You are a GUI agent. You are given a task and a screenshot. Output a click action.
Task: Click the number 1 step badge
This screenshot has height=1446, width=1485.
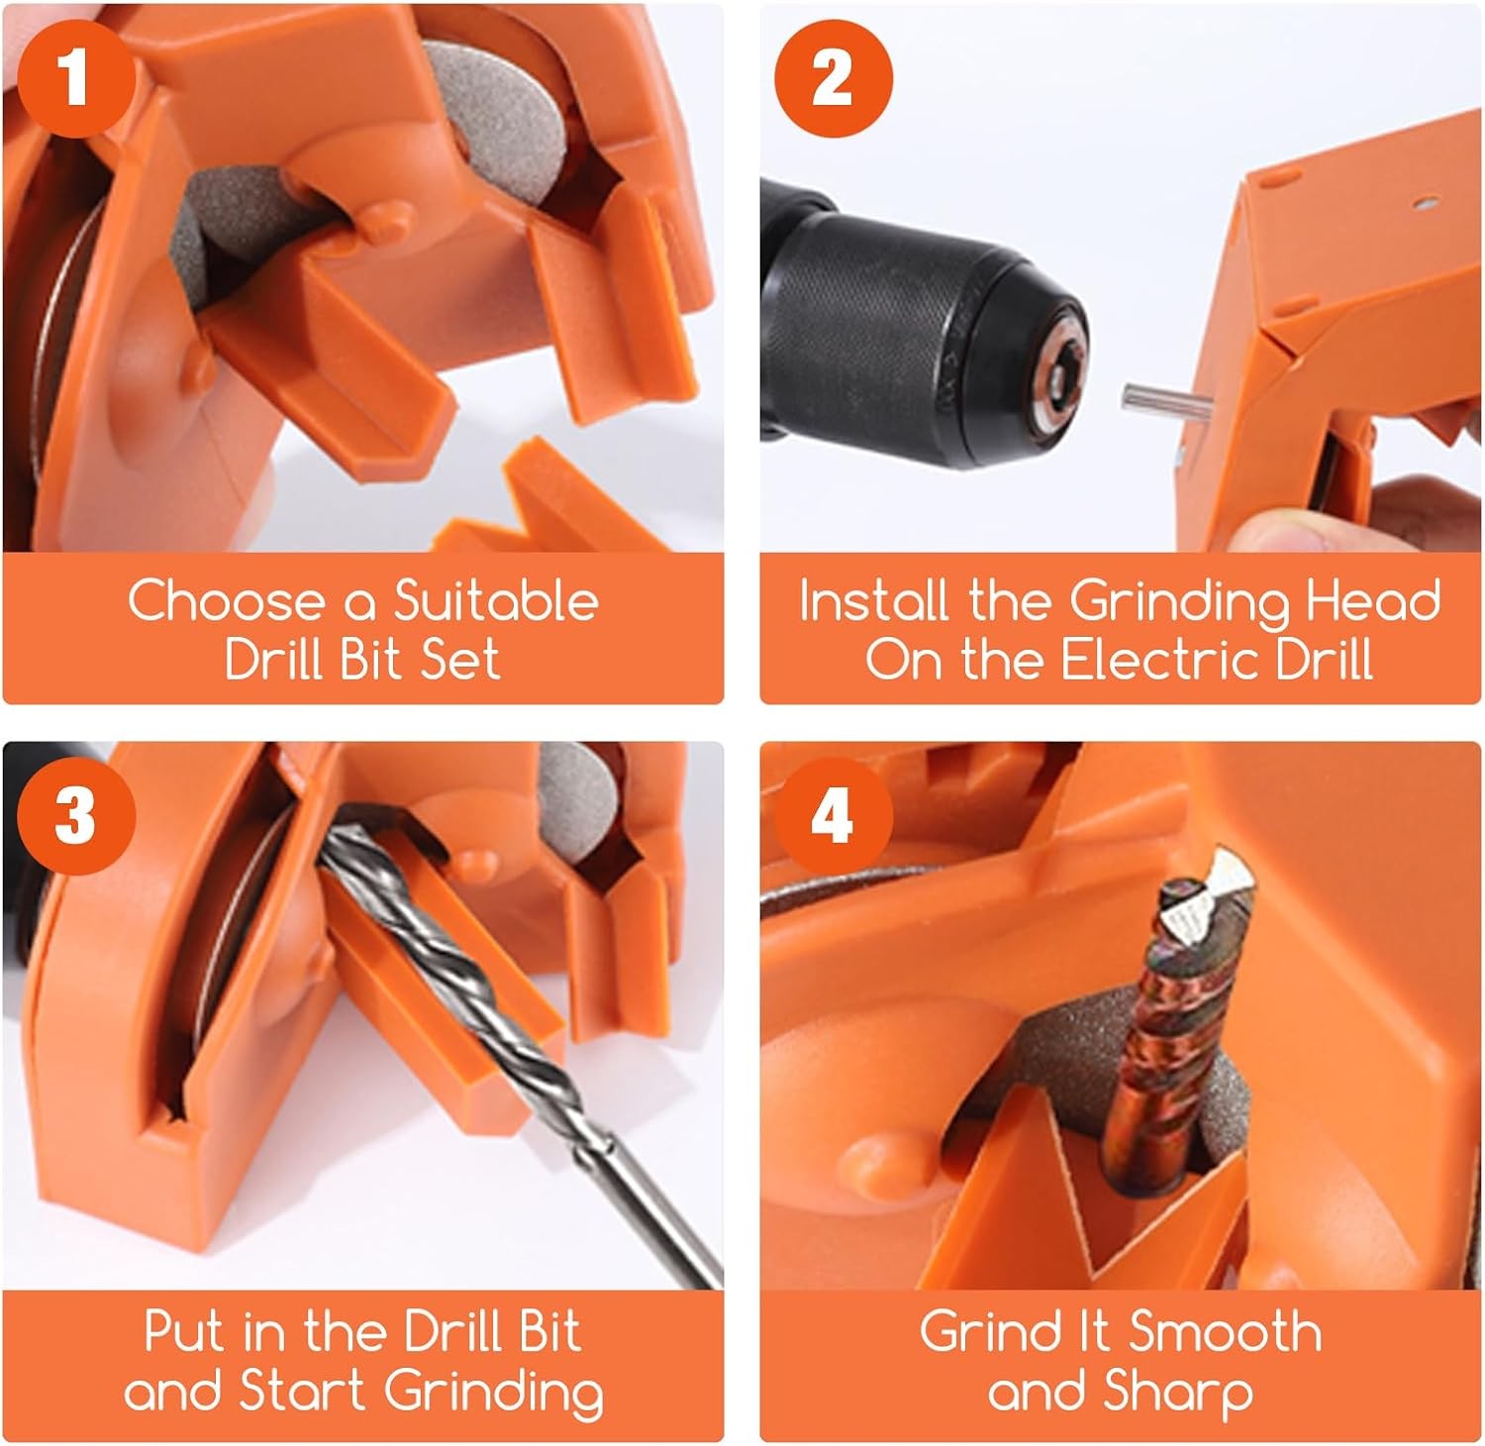75,77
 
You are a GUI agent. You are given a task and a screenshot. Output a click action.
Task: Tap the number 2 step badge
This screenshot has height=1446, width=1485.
833,77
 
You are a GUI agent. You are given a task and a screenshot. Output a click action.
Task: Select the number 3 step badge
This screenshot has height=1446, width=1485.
75,814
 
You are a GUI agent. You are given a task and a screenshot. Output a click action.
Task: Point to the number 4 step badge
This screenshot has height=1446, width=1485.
833,816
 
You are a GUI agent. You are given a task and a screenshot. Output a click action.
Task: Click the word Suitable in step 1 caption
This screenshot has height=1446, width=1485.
496,600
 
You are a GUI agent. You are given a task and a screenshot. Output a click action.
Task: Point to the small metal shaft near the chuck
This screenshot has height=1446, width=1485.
1158,400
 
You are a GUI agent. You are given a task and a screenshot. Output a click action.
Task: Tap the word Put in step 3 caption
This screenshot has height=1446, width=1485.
184,1331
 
